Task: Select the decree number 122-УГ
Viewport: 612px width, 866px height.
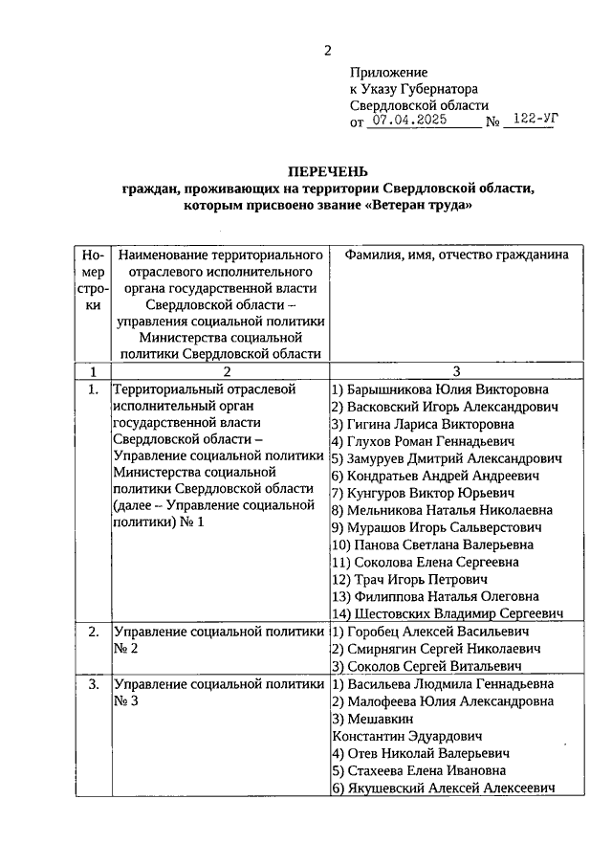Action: point(535,121)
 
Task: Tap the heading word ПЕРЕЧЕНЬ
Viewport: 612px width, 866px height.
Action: point(327,171)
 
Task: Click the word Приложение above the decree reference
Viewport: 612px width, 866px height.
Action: point(388,72)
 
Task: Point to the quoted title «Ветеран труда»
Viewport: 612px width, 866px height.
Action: point(418,206)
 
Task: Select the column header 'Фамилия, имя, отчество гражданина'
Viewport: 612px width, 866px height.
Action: point(449,255)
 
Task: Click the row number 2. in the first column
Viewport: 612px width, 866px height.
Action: point(93,632)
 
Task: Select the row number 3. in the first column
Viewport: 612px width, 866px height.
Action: point(93,684)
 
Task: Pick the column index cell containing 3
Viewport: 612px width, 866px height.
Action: point(456,371)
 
